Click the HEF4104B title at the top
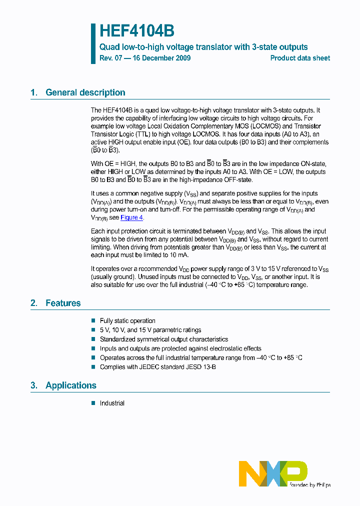(136, 31)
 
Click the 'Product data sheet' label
(300, 58)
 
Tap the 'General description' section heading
(85, 92)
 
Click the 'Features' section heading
(63, 303)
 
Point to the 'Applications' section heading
(70, 385)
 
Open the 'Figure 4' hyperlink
(132, 217)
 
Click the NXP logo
(274, 473)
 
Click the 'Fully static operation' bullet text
(127, 321)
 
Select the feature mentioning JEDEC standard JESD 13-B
(157, 367)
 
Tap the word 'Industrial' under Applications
(112, 403)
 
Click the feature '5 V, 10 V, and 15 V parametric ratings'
(150, 330)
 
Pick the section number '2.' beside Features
(33, 303)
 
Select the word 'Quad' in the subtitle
(108, 47)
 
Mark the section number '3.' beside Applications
(33, 385)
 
